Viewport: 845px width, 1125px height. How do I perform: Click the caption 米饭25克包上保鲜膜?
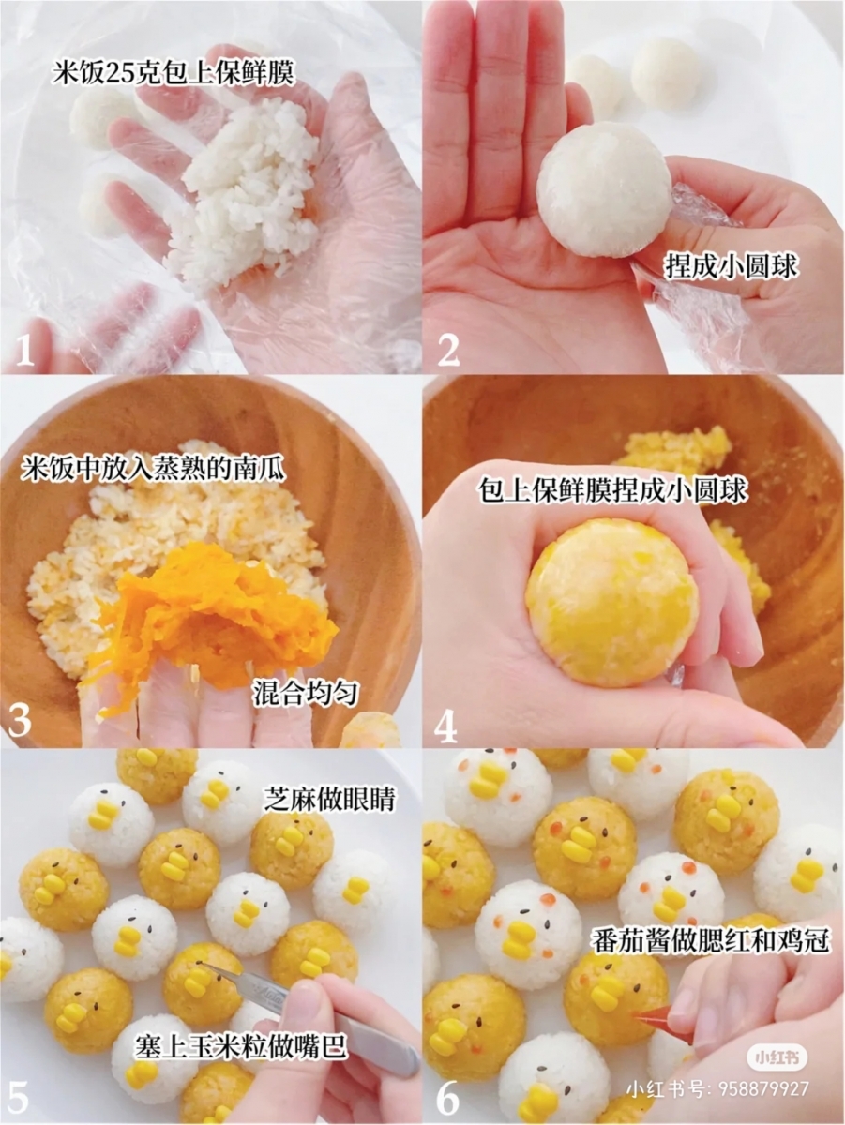tap(173, 73)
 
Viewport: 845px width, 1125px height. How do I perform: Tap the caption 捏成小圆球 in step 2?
tap(731, 267)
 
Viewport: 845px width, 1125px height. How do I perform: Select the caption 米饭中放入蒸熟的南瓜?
tap(153, 468)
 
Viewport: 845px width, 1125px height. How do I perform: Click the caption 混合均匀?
tap(307, 694)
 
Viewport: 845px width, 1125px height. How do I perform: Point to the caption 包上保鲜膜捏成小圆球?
tap(614, 490)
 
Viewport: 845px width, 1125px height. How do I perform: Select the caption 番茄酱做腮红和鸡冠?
tap(711, 940)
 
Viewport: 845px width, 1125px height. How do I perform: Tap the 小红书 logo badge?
tap(777, 1057)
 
